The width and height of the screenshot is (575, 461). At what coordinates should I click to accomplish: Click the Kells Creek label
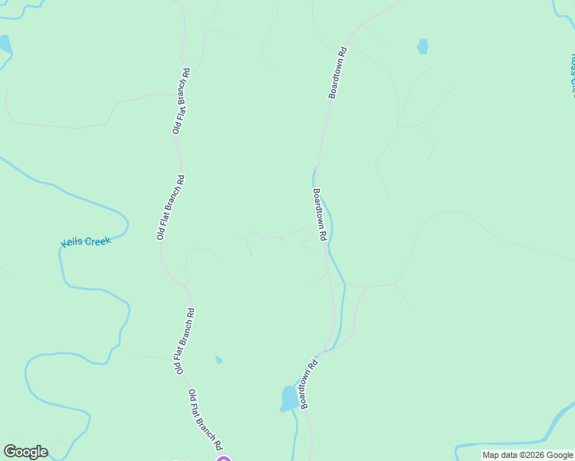86,241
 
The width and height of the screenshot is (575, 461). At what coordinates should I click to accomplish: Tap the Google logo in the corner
25,452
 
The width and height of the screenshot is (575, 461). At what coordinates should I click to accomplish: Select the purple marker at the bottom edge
223,459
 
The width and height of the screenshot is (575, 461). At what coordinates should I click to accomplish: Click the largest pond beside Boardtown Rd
290,398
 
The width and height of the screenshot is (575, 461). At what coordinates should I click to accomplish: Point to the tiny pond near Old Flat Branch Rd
219,360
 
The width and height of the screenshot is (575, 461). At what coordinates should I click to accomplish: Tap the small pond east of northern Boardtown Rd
422,46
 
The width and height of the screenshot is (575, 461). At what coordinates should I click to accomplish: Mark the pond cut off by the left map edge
4,44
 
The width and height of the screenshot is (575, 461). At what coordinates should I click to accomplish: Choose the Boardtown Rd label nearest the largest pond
308,385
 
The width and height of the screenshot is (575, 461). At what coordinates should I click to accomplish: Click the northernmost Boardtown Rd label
338,73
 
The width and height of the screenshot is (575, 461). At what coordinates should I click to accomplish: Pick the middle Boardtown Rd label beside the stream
321,214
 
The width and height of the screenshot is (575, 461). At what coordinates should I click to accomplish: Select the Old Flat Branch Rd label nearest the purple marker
205,420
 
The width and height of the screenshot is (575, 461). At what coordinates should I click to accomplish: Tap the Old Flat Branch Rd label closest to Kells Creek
171,207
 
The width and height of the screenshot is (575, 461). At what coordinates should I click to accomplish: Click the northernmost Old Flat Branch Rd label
181,101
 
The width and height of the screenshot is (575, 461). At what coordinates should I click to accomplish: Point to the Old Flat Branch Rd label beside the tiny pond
184,341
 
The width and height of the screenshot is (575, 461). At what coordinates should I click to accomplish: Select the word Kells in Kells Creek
73,243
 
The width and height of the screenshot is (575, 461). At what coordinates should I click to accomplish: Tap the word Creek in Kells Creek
98,240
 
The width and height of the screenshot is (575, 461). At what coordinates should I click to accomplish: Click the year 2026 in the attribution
533,455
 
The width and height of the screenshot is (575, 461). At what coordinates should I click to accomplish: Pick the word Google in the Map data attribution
560,455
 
